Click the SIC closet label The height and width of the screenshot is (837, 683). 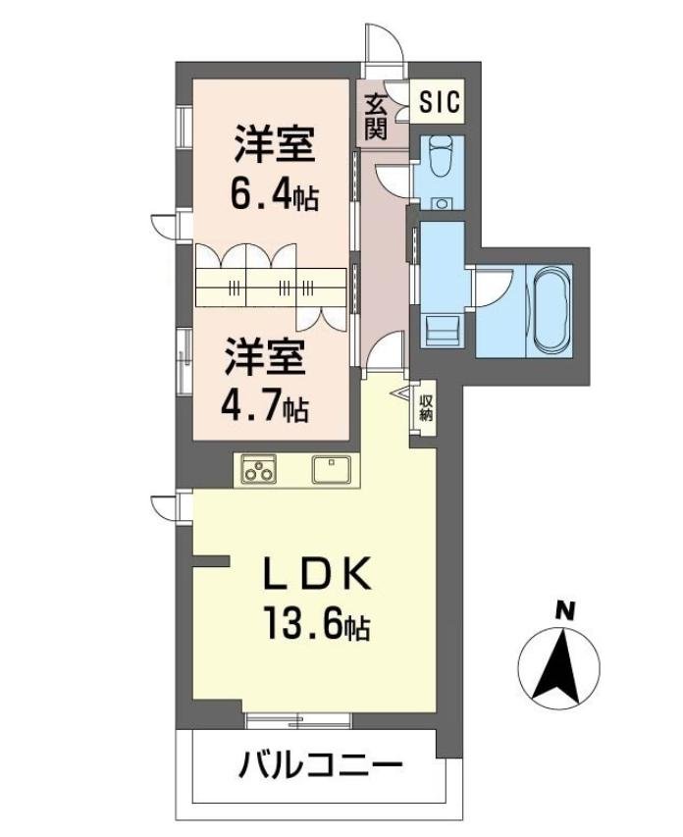[x=439, y=101]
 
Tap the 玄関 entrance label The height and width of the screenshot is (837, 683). [x=376, y=117]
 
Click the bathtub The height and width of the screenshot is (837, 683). [x=552, y=310]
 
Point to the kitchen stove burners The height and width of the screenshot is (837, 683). [x=258, y=469]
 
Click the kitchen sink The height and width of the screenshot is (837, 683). [x=331, y=469]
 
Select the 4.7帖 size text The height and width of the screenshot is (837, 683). [x=265, y=407]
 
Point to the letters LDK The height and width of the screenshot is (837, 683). [x=319, y=573]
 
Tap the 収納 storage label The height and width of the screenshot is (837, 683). [x=425, y=408]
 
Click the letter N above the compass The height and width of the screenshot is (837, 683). [x=564, y=610]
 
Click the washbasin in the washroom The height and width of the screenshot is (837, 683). [x=442, y=331]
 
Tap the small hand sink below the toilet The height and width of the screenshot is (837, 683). [x=441, y=203]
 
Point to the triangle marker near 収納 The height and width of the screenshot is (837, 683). [x=401, y=393]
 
